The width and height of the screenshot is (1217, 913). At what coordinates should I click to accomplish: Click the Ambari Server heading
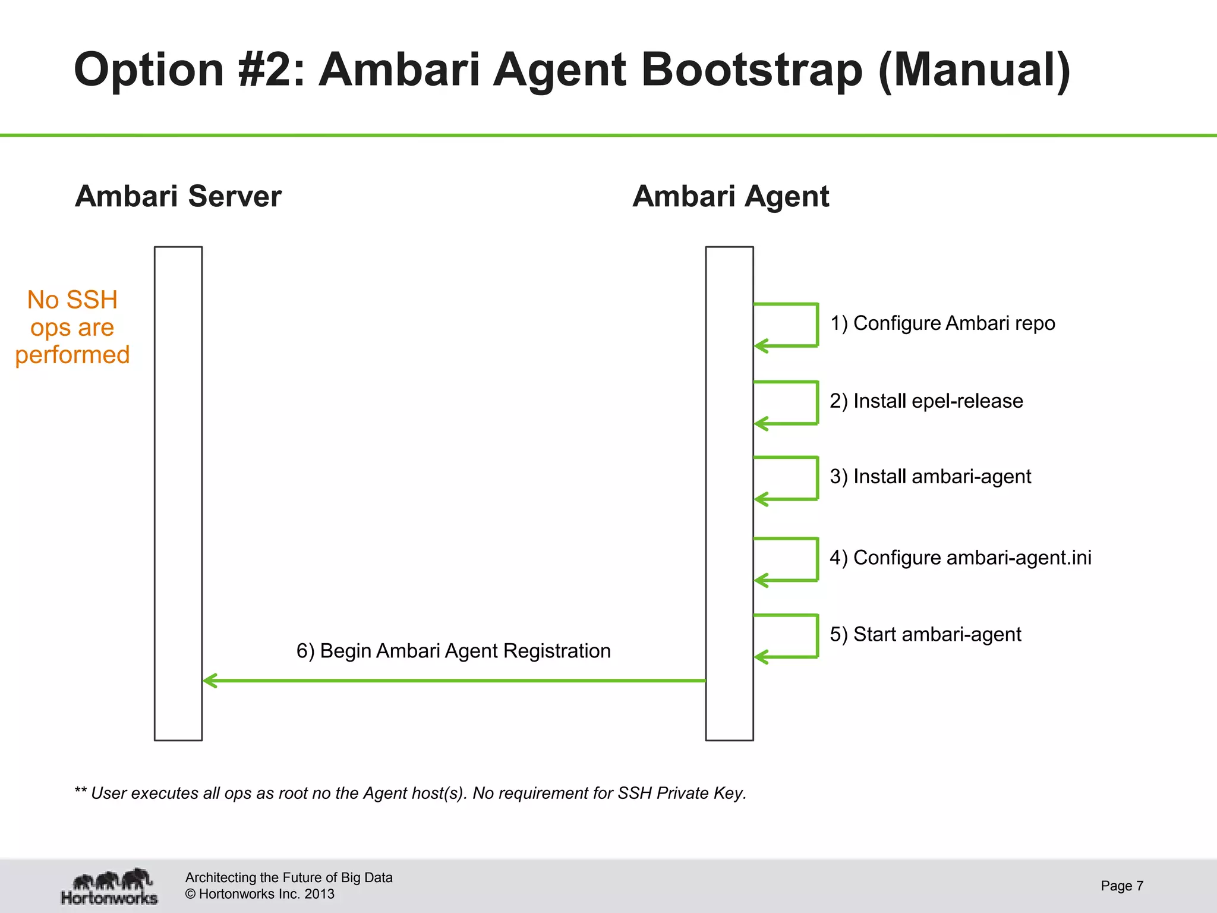point(178,196)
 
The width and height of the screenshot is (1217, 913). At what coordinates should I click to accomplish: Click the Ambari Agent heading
point(730,196)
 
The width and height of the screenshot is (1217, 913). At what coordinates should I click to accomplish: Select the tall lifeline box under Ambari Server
point(178,493)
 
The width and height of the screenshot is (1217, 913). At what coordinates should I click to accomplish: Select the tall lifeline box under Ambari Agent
point(729,493)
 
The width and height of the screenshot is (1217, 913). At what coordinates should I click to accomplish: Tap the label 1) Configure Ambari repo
point(942,323)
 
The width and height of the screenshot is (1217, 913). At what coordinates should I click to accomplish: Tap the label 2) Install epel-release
point(926,401)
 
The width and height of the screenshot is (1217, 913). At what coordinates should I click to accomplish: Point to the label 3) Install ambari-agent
point(931,477)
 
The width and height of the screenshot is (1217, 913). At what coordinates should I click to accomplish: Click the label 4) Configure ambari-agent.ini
point(960,558)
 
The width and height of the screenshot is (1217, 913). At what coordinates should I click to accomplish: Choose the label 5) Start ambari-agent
point(925,635)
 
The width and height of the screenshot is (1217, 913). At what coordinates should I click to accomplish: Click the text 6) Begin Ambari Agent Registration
point(453,651)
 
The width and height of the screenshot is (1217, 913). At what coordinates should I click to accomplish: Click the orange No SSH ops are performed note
point(72,328)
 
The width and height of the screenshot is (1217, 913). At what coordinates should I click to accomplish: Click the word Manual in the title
point(975,70)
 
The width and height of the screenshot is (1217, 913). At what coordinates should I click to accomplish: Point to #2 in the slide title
point(270,70)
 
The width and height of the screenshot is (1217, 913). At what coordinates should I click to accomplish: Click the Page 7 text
point(1121,886)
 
